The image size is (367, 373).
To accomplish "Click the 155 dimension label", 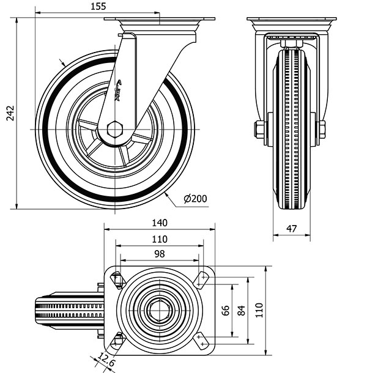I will [x=97, y=7].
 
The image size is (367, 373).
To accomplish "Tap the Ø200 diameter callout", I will [x=195, y=199].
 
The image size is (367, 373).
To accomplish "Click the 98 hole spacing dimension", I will [x=159, y=254].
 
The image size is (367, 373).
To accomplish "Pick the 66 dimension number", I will [x=225, y=311].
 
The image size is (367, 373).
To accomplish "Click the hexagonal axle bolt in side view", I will [x=114, y=130].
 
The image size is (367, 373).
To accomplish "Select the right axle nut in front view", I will [x=321, y=130].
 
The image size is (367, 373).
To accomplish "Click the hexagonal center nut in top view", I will [x=160, y=311].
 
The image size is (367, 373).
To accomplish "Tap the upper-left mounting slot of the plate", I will [x=118, y=280].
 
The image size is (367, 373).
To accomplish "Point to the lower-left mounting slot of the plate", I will [x=118, y=340].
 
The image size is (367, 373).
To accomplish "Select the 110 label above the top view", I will [x=159, y=238].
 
